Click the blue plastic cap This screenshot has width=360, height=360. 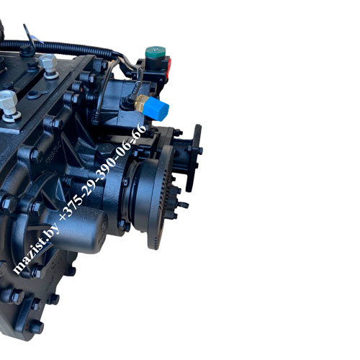pyautogui.click(x=156, y=109)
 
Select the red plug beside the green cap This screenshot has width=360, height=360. pyautogui.click(x=169, y=68)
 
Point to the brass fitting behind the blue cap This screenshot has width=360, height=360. pyautogui.click(x=140, y=103)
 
